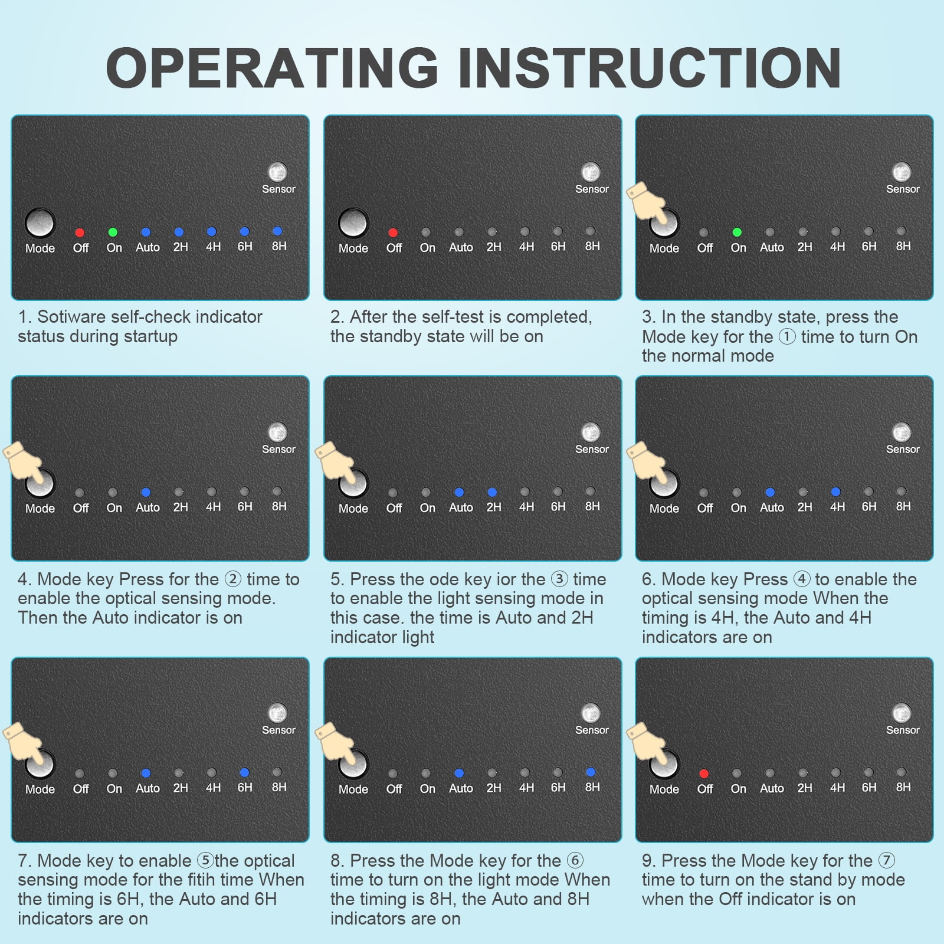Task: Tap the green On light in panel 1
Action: (x=113, y=232)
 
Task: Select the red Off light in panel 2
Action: (x=393, y=233)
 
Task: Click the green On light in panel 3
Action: (x=736, y=232)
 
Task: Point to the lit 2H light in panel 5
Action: (x=492, y=492)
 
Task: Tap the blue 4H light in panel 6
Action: (x=835, y=491)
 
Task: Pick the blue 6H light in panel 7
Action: (x=244, y=772)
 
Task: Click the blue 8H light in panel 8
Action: (x=590, y=772)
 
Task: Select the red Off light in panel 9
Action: (x=703, y=773)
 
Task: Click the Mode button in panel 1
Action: (x=40, y=223)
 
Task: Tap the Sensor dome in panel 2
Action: (x=591, y=172)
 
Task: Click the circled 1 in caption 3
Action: (x=787, y=337)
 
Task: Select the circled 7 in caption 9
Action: (x=886, y=860)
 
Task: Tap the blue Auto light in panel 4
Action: (x=146, y=492)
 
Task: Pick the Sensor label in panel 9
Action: (x=903, y=730)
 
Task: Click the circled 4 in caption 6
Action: (x=801, y=579)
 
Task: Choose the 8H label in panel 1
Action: (x=279, y=246)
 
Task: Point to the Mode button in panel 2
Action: (x=353, y=223)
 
